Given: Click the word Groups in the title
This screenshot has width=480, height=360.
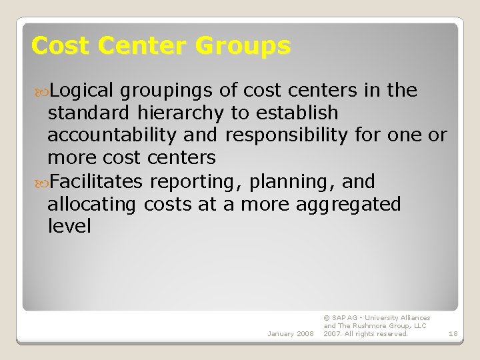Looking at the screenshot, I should coord(243,46).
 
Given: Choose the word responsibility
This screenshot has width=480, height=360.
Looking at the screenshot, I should coord(286,135).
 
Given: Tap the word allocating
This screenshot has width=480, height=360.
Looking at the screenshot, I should coord(91,204).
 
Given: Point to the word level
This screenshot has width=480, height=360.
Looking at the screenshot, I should coord(69,227).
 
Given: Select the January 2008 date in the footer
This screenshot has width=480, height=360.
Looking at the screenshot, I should coord(291,333).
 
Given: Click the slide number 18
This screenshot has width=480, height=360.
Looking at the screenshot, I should coord(453,333).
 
